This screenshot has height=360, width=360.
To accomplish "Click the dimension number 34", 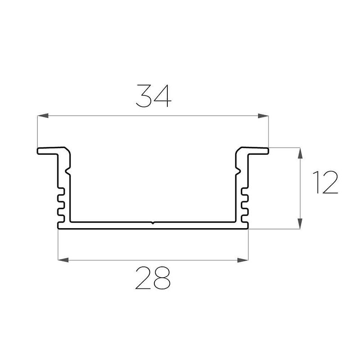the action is [153, 96].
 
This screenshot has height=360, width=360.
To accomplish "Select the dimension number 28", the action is [153, 278].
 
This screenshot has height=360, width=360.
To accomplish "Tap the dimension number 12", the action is [325, 182].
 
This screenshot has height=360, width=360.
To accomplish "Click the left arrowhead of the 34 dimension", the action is [43, 116].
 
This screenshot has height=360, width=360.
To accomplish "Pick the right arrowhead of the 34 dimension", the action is [263, 116].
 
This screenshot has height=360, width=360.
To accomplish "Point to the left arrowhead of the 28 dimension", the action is [63, 260].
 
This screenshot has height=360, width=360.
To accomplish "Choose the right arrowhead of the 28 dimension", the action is [243, 260].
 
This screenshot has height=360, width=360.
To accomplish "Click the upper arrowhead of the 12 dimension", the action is [300, 153].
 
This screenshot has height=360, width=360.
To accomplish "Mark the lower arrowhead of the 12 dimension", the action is [300, 223].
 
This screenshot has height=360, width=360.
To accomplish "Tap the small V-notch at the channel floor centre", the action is [153, 223].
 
